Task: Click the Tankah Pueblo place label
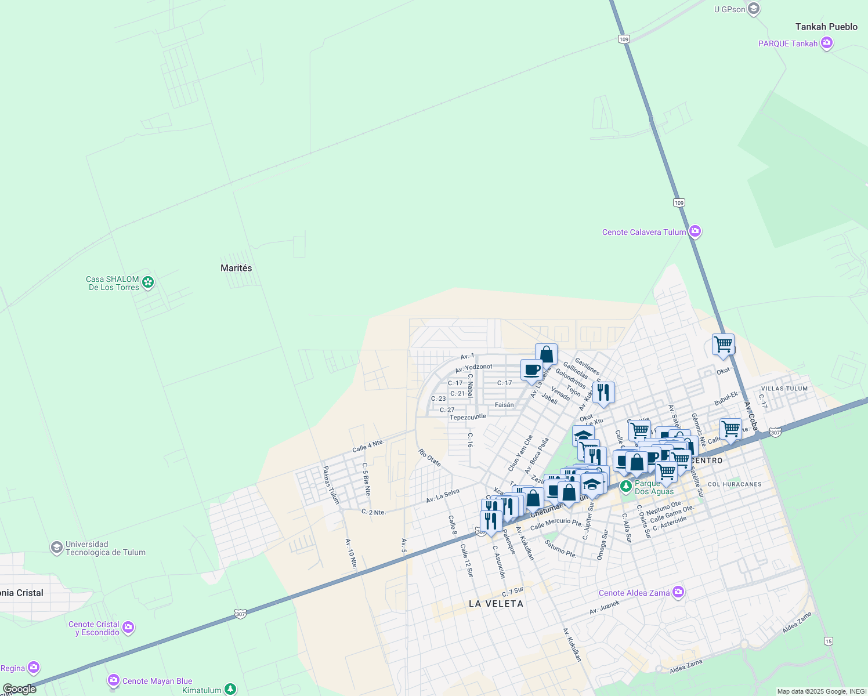pyautogui.click(x=826, y=27)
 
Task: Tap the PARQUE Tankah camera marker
pyautogui.click(x=827, y=43)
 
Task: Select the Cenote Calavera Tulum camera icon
pyautogui.click(x=695, y=232)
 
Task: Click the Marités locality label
pyautogui.click(x=236, y=268)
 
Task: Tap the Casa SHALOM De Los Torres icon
pyautogui.click(x=148, y=282)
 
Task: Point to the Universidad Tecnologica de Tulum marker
pyautogui.click(x=56, y=548)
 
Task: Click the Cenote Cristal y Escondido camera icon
pyautogui.click(x=128, y=628)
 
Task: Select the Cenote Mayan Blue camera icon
pyautogui.click(x=114, y=680)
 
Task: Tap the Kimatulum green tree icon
pyautogui.click(x=230, y=690)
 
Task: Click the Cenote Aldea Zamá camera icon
pyautogui.click(x=678, y=593)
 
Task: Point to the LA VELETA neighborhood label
pyautogui.click(x=496, y=604)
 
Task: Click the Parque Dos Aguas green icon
pyautogui.click(x=625, y=486)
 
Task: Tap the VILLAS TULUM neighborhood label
pyautogui.click(x=784, y=389)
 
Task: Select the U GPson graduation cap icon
pyautogui.click(x=754, y=9)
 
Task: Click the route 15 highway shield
pyautogui.click(x=829, y=641)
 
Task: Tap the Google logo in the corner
pyautogui.click(x=19, y=689)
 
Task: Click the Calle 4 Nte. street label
pyautogui.click(x=368, y=446)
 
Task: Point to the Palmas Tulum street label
pyautogui.click(x=331, y=485)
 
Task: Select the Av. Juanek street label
pyautogui.click(x=605, y=607)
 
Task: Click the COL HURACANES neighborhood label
pyautogui.click(x=735, y=484)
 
